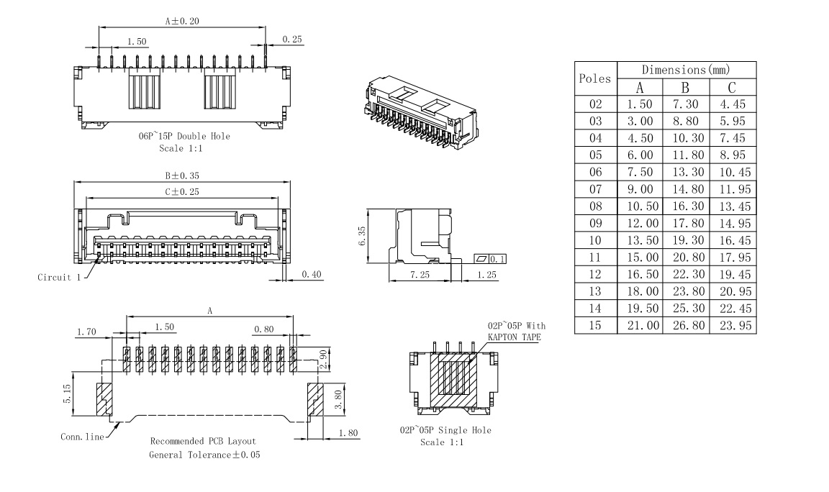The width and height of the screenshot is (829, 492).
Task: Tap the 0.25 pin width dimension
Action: (292, 40)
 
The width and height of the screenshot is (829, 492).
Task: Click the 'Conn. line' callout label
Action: (81, 436)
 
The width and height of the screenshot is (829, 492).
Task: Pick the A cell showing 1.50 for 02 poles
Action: (640, 105)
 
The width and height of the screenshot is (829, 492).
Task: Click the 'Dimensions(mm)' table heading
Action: (686, 70)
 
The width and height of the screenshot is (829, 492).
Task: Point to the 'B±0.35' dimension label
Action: (181, 173)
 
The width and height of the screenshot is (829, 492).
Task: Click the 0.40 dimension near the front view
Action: (312, 274)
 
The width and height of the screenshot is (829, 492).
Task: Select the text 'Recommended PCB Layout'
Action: (203, 440)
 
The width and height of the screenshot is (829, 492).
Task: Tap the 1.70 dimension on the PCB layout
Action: (87, 331)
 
